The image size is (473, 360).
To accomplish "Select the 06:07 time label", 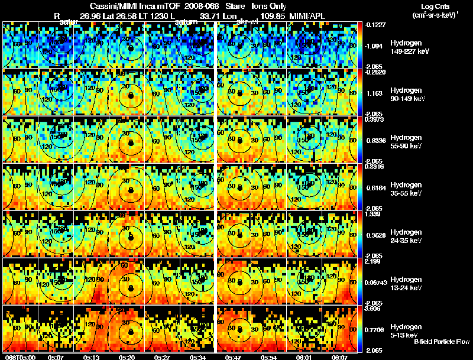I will click(339, 357).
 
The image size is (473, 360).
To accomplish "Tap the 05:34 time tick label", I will click(197, 357).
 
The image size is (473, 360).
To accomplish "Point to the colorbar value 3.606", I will click(374, 308).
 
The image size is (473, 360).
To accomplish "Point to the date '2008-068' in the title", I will click(200, 6).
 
